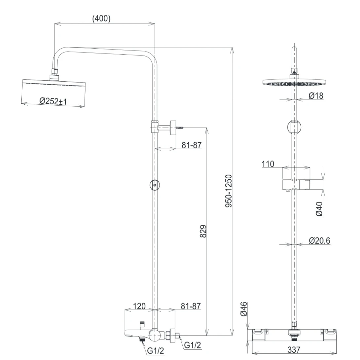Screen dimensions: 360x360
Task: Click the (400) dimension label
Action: click(101, 19)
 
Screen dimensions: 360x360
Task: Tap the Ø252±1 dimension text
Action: click(53, 101)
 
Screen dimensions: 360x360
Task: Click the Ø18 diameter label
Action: click(316, 96)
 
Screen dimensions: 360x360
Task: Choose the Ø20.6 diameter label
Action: click(319, 240)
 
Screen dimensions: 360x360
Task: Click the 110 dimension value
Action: click(268, 164)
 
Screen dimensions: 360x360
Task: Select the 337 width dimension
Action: click(293, 349)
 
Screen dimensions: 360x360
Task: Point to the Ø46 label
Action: click(244, 309)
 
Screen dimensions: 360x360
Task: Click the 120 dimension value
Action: click(139, 306)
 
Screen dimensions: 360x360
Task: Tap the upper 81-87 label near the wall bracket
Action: click(191, 145)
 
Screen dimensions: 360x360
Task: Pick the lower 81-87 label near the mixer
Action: click(191, 306)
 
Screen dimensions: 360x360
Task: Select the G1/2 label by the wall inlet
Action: click(192, 345)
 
